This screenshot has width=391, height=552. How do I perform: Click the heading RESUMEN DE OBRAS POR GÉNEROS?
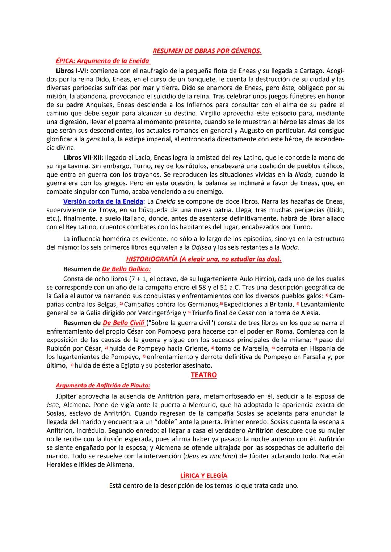[207, 51]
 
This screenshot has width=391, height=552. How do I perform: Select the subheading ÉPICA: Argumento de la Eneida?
[102, 61]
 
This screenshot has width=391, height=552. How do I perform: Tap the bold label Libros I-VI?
[72, 71]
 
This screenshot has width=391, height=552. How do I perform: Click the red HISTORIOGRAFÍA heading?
[203, 259]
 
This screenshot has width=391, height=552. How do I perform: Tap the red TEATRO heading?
[203, 375]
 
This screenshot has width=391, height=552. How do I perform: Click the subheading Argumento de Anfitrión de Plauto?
[103, 386]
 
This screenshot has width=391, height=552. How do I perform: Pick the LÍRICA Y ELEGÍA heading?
[203, 476]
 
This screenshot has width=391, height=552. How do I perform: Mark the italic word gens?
[93, 139]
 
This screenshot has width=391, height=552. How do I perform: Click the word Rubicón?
[60, 348]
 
